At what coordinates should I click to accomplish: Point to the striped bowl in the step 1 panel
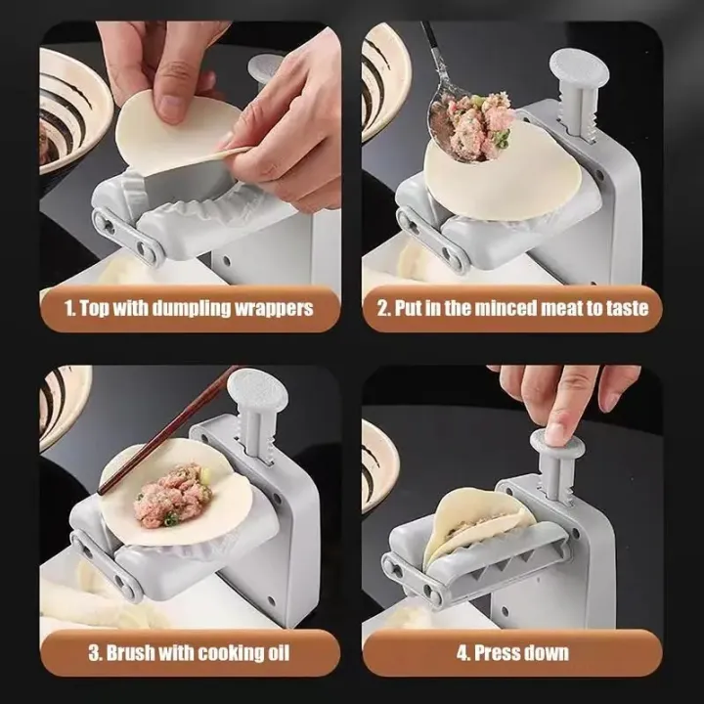pos(68,108)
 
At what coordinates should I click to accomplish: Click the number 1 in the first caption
pos(69,308)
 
